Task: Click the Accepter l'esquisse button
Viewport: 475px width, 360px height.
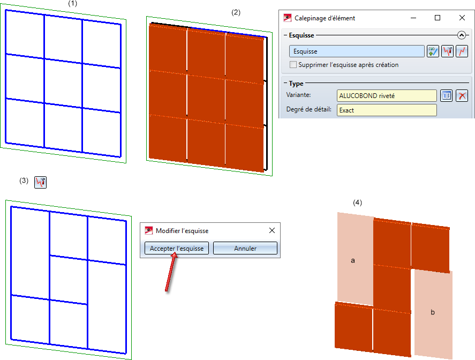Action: click(x=177, y=248)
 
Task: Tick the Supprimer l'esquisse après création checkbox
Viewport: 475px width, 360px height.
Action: click(x=293, y=64)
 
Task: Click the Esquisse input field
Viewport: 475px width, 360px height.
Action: click(x=357, y=51)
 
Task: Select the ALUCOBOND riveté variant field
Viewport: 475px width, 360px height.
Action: click(x=387, y=96)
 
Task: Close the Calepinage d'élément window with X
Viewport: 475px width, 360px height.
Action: click(x=462, y=18)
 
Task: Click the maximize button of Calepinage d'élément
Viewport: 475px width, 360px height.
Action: click(x=438, y=18)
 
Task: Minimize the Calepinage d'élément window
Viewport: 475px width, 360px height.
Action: click(x=413, y=18)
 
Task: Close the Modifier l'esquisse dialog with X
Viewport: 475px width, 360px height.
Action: click(x=272, y=230)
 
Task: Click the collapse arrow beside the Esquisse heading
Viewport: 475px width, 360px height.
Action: click(x=462, y=35)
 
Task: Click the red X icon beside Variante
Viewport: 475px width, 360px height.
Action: click(x=462, y=96)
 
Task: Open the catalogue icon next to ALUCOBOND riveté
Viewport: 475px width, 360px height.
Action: click(x=446, y=96)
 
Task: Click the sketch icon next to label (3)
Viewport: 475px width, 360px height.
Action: click(x=40, y=182)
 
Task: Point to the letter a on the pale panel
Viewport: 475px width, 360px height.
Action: click(x=352, y=260)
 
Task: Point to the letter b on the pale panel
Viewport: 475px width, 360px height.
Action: click(x=433, y=312)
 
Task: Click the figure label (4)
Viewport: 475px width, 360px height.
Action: click(x=358, y=202)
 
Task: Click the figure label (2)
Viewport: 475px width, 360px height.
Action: click(x=236, y=12)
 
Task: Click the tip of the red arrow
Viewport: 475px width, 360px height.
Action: click(x=175, y=253)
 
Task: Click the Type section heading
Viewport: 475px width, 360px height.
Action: click(x=296, y=84)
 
